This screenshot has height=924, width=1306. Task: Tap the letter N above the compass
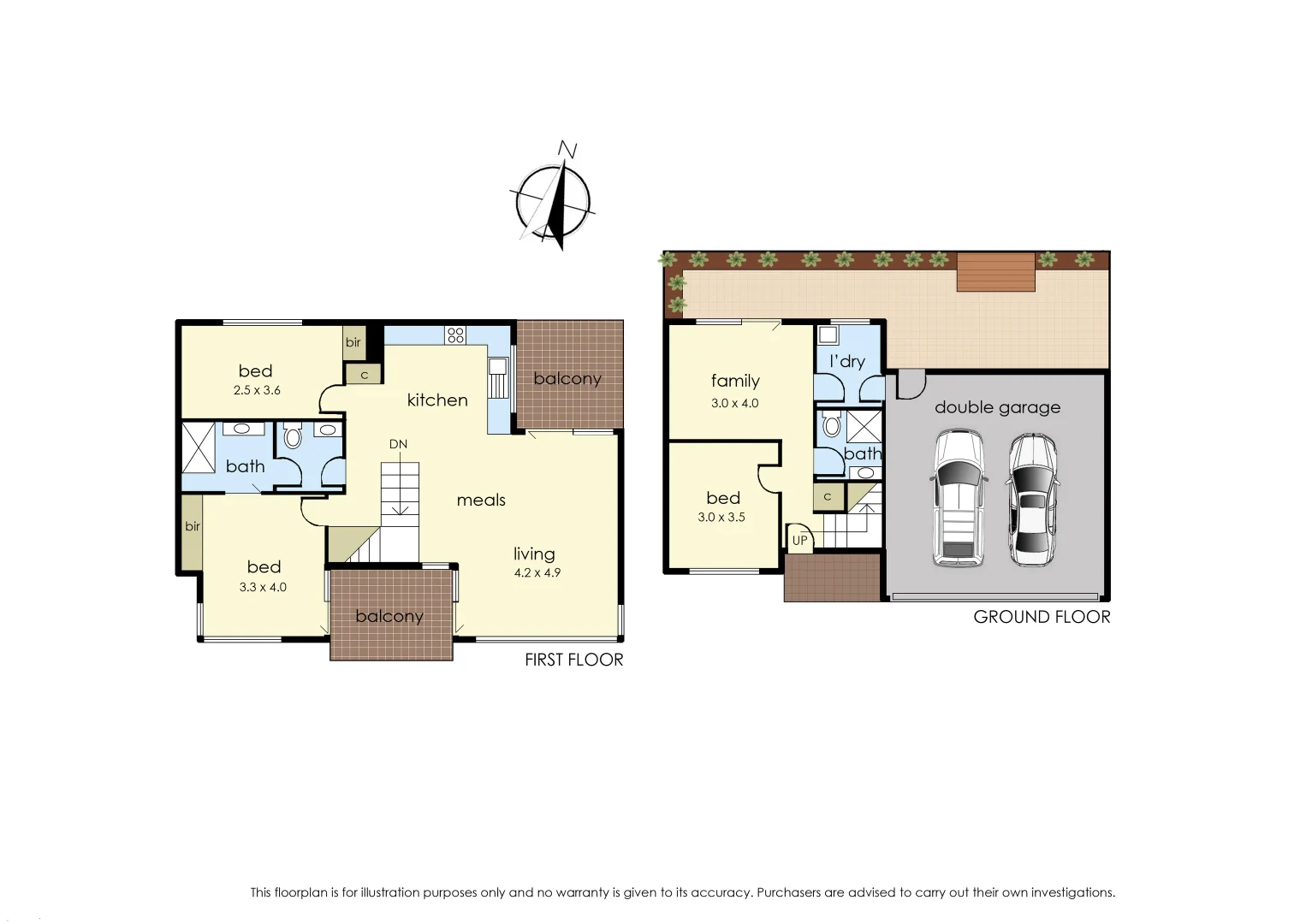click(x=567, y=151)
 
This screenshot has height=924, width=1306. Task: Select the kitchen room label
click(x=437, y=400)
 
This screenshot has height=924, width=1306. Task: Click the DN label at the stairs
click(x=398, y=444)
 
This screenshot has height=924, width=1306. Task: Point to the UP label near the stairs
click(x=799, y=540)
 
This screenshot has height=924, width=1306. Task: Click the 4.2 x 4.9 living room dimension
click(x=537, y=573)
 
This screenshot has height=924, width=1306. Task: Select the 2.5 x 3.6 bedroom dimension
click(x=257, y=390)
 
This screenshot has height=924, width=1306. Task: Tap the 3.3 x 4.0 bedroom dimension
click(x=263, y=588)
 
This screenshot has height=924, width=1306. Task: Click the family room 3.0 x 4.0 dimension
click(x=734, y=403)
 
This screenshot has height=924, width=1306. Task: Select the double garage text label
click(x=997, y=407)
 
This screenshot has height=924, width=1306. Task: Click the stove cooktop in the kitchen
click(x=455, y=335)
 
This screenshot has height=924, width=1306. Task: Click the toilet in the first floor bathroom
click(x=293, y=437)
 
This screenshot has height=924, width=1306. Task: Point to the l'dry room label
click(x=846, y=361)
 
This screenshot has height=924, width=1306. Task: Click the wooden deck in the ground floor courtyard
click(x=996, y=272)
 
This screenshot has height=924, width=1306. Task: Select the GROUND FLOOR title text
click(x=1042, y=617)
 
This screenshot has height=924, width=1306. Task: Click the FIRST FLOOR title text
click(x=573, y=660)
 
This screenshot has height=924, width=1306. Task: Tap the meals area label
click(x=481, y=500)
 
